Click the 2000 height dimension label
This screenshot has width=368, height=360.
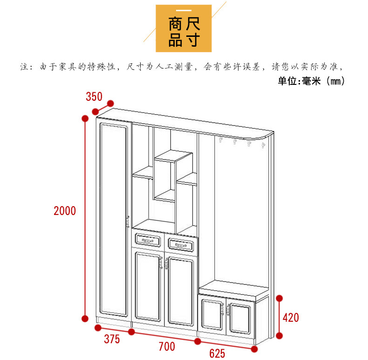pyautogui.click(x=65, y=211)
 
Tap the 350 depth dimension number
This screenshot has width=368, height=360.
pyautogui.click(x=94, y=97)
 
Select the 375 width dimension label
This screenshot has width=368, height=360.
pyautogui.click(x=112, y=339)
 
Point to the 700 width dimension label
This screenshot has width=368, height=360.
pyautogui.click(x=167, y=346)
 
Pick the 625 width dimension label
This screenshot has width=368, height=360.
pyautogui.click(x=217, y=353)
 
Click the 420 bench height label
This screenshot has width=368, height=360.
pyautogui.click(x=291, y=318)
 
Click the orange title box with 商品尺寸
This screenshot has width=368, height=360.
pyautogui.click(x=184, y=28)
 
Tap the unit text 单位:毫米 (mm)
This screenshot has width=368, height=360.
pyautogui.click(x=311, y=81)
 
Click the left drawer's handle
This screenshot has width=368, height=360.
pyautogui.click(x=147, y=241)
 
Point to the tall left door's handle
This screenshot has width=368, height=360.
pyautogui.click(x=128, y=222)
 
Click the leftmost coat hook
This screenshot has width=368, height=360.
pyautogui.click(x=220, y=140)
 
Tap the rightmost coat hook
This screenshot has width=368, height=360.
pyautogui.click(x=263, y=145)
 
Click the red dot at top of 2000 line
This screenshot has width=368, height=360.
pyautogui.click(x=85, y=118)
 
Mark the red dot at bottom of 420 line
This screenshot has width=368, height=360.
pyautogui.click(x=279, y=336)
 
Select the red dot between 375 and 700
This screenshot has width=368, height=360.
pyautogui.click(x=131, y=332)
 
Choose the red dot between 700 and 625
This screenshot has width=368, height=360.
pyautogui.click(x=198, y=341)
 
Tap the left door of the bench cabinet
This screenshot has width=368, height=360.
pyautogui.click(x=212, y=315)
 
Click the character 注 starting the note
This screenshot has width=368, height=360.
pyautogui.click(x=24, y=67)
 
